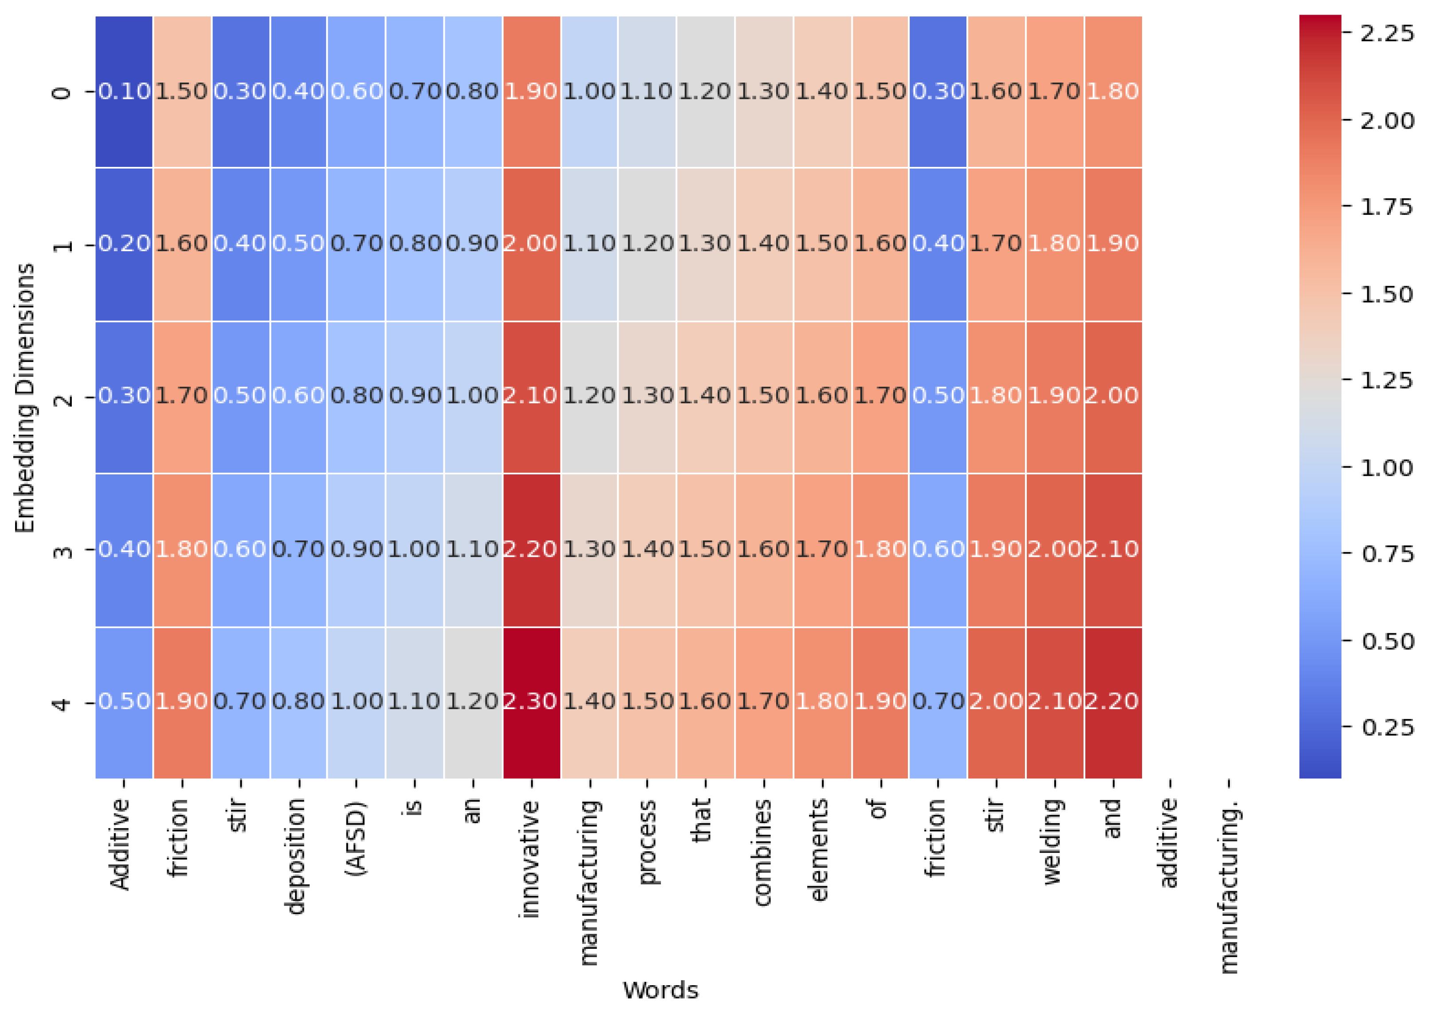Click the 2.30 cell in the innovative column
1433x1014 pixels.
tap(531, 702)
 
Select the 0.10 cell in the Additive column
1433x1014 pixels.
tap(124, 92)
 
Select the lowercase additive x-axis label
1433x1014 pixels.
tap(1170, 842)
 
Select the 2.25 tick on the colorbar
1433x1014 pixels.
tap(1387, 34)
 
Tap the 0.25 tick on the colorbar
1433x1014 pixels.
tap(1387, 727)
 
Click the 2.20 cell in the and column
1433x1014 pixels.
tap(1113, 702)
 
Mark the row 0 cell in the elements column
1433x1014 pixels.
tap(821, 92)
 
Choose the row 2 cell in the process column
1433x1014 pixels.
tap(647, 396)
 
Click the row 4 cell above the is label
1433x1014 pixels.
tap(414, 702)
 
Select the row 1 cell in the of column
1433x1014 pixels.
tap(880, 244)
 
